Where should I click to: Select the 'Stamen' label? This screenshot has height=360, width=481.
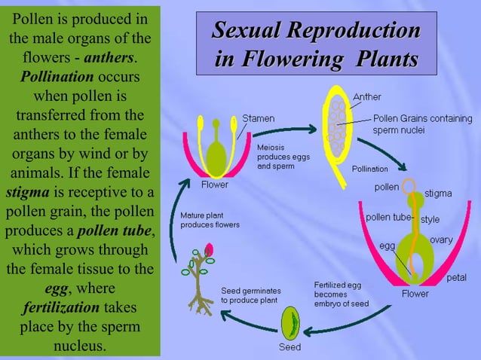coord(258,118)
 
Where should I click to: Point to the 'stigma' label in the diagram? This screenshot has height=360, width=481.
coord(438,193)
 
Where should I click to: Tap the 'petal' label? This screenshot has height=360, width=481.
coord(456,278)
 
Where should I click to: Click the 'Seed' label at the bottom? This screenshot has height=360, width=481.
coord(290,347)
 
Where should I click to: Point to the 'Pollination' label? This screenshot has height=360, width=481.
coord(369,169)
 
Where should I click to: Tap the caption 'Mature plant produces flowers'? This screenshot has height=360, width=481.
coord(210,220)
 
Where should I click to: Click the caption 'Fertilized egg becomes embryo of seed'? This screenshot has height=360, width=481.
coord(341,294)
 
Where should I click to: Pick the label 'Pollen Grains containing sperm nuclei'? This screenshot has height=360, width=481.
coord(423,124)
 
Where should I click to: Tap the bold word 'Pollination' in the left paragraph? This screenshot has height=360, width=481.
coord(57,78)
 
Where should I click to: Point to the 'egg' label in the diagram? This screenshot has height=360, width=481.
coord(387,246)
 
